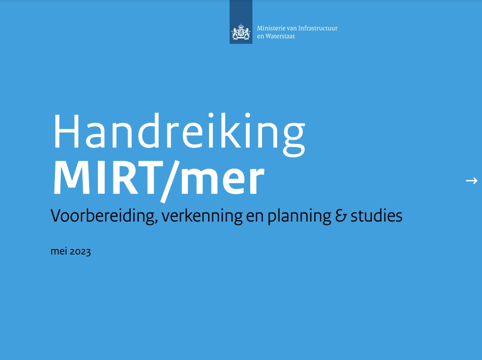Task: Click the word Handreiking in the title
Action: [x=180, y=134]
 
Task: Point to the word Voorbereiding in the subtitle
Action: [x=103, y=216]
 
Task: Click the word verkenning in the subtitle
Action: [x=202, y=216]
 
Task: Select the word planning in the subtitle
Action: [x=299, y=216]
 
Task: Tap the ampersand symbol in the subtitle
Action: [x=341, y=216]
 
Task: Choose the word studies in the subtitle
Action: [x=376, y=216]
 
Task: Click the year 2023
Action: [x=80, y=252]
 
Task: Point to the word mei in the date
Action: [x=59, y=251]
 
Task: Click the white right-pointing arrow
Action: [x=471, y=180]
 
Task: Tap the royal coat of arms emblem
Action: [x=241, y=32]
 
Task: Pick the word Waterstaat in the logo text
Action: [x=280, y=36]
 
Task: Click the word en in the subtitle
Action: [x=255, y=217]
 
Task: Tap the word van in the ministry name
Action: [x=292, y=29]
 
